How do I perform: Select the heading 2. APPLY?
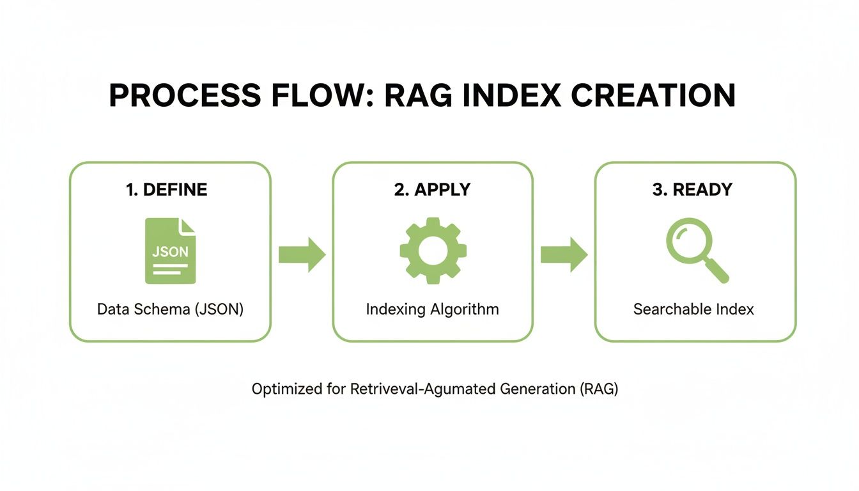click(x=432, y=190)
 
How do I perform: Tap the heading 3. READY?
click(x=692, y=190)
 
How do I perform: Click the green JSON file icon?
click(x=170, y=251)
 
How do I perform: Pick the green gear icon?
click(x=433, y=251)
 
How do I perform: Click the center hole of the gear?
click(x=433, y=251)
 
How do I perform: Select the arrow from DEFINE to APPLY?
click(x=302, y=254)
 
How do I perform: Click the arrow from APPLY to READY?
click(x=564, y=254)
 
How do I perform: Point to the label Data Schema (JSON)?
click(x=170, y=309)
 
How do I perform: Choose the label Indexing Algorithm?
click(x=432, y=309)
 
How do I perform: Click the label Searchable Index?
click(x=693, y=309)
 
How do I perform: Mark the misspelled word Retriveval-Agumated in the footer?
click(x=423, y=389)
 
